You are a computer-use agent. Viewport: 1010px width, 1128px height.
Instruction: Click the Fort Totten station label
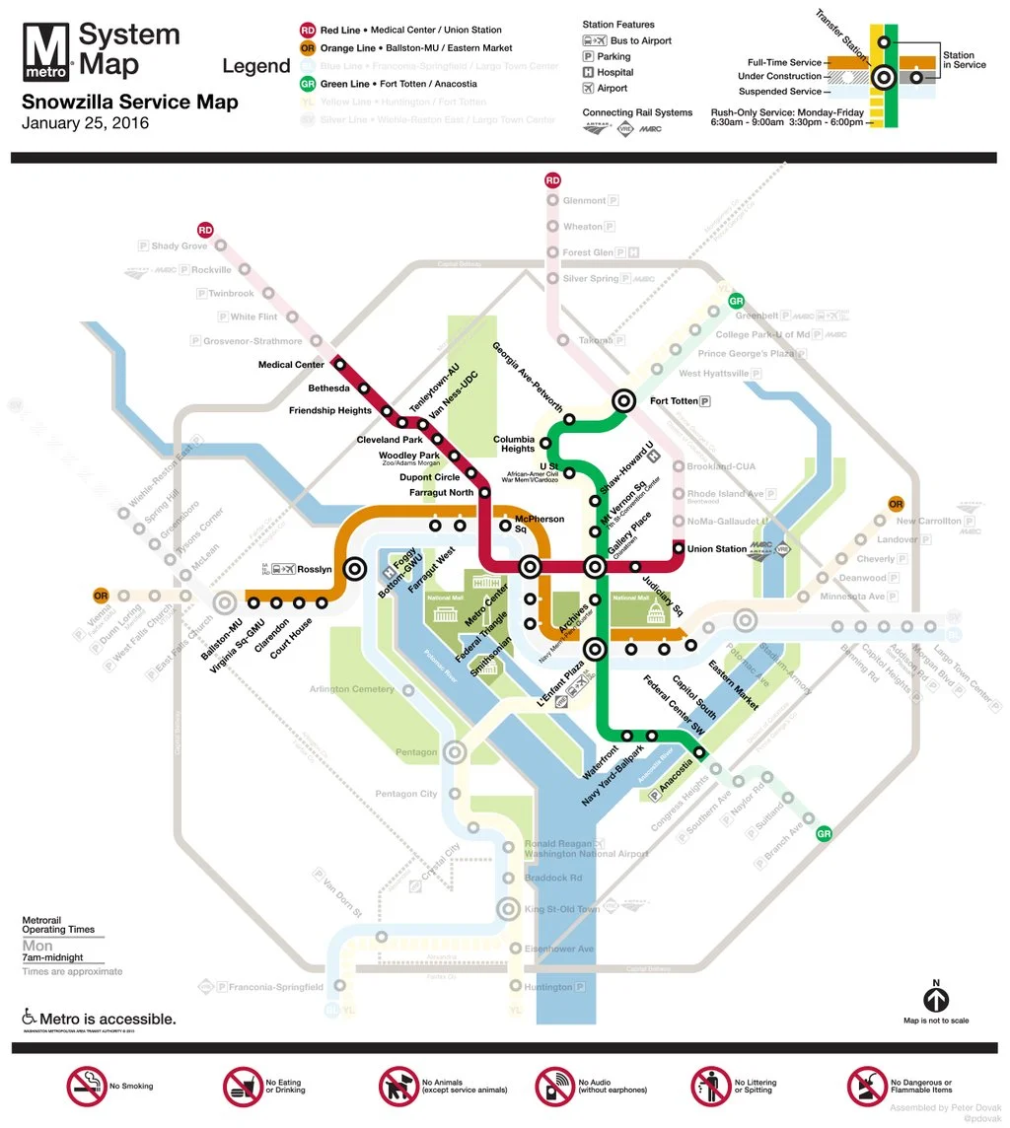[x=673, y=401]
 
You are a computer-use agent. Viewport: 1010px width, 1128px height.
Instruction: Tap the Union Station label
[x=717, y=549]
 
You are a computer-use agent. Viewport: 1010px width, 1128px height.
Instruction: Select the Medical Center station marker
[x=340, y=364]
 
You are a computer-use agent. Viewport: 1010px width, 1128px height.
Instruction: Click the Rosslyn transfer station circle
[x=354, y=569]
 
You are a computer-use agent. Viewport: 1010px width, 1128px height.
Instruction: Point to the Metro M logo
[x=46, y=51]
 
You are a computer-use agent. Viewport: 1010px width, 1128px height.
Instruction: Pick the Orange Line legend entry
[x=413, y=48]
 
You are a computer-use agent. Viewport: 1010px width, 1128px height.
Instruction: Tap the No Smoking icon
[x=86, y=1086]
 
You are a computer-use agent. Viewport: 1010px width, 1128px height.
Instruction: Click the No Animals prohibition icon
[x=398, y=1086]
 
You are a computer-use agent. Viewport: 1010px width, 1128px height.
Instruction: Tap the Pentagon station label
[x=415, y=752]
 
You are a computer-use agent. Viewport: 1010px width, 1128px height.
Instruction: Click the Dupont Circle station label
[x=429, y=477]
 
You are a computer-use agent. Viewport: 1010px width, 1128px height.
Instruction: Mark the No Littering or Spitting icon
[x=710, y=1086]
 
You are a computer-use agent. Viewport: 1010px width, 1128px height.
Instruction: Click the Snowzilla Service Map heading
[x=129, y=102]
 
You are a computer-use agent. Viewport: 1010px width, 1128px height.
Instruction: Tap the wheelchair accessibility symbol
[x=30, y=1017]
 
